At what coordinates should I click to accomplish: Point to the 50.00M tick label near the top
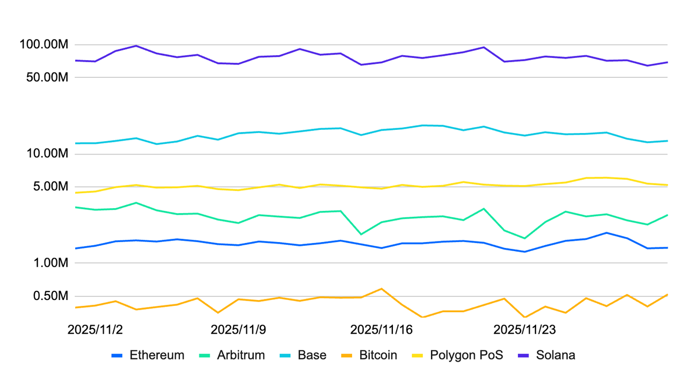(x=47, y=77)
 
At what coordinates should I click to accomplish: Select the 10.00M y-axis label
(x=47, y=155)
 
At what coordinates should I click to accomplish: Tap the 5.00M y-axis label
(x=49, y=187)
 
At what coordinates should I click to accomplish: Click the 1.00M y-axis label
(x=49, y=263)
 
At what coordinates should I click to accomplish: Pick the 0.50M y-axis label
(x=49, y=296)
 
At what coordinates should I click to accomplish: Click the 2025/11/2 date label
(x=95, y=329)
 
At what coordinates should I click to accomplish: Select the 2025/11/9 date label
(x=238, y=329)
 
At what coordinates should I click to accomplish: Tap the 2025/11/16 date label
(x=382, y=329)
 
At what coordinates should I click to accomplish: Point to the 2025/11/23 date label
(x=525, y=329)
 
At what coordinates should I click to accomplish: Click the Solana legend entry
(x=556, y=355)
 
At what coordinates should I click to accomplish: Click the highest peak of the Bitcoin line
(x=381, y=289)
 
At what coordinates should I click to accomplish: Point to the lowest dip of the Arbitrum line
(x=524, y=238)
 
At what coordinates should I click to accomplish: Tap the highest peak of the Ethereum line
(x=606, y=233)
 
